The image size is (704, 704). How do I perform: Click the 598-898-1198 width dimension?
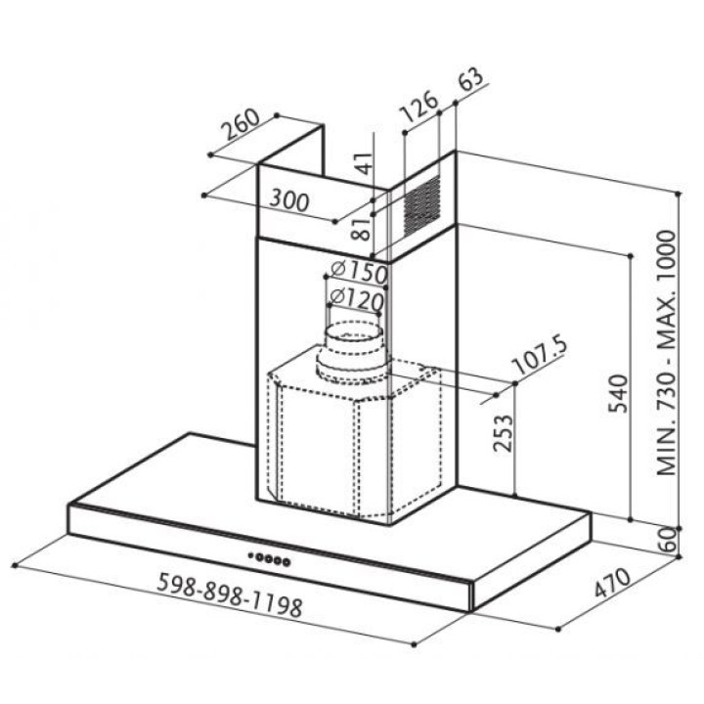click(x=230, y=594)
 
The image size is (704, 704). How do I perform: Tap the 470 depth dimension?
click(x=613, y=583)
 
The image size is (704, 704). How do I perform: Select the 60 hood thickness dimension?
click(x=667, y=539)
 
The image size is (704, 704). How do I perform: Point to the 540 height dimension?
click(x=618, y=393)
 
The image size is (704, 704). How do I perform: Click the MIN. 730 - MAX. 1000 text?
click(x=666, y=353)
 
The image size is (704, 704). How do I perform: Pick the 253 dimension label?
click(x=503, y=433)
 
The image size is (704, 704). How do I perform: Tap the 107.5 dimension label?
click(x=539, y=356)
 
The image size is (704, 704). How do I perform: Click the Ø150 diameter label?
click(x=358, y=271)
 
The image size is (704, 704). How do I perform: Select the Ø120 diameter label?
click(x=357, y=298)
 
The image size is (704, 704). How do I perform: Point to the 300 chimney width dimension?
click(x=289, y=200)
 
